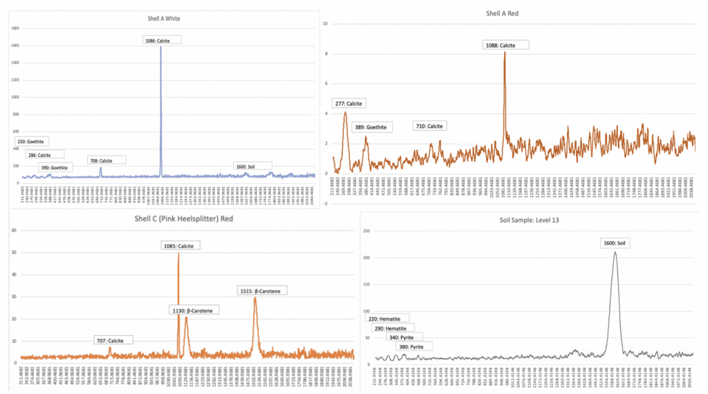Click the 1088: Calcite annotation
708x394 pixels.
point(505,45)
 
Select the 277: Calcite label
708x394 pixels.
point(348,104)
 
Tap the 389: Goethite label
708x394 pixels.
point(370,127)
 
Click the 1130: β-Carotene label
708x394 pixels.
point(193,310)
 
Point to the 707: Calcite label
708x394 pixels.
point(113,340)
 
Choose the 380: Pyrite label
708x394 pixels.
point(415,346)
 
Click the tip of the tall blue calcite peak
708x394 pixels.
point(161,47)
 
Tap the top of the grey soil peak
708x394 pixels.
point(615,252)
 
